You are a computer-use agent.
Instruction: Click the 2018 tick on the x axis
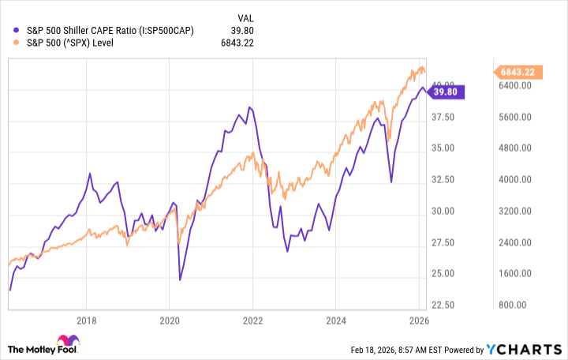tap(87, 321)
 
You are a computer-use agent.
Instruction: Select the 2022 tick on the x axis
tap(252, 321)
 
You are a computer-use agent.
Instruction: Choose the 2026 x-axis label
tap(418, 321)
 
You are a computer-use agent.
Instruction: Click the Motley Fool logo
tap(47, 347)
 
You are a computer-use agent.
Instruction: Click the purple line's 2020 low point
tap(180, 279)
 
